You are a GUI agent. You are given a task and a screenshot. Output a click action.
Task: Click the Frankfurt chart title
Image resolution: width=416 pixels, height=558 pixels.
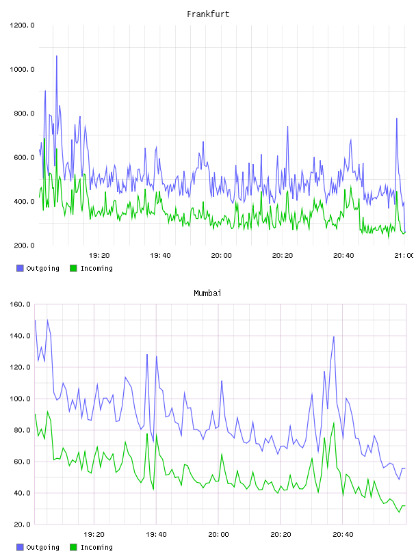208,14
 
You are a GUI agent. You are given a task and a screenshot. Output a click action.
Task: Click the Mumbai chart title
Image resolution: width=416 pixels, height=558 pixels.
207,293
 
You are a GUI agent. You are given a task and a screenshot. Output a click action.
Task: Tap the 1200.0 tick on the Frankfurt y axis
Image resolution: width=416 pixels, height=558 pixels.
22,25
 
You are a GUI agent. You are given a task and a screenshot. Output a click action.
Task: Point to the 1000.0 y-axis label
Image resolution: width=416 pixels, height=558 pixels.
22,69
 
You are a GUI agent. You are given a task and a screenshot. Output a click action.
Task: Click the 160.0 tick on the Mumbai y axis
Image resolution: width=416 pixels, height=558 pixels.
20,304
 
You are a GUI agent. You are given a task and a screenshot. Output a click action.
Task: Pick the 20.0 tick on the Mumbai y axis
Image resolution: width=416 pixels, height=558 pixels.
22,524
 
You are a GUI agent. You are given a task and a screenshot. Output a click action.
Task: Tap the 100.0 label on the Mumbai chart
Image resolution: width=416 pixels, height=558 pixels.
20,399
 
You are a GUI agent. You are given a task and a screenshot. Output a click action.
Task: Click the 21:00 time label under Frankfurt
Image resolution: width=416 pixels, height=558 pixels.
404,256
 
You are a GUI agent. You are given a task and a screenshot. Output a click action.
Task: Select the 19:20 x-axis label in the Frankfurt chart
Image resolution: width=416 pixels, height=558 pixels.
99,256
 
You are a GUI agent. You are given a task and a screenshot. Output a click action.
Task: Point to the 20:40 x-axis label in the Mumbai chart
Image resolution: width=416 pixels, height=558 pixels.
343,535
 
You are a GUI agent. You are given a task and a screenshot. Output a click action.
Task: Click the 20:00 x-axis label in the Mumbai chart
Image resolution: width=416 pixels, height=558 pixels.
219,535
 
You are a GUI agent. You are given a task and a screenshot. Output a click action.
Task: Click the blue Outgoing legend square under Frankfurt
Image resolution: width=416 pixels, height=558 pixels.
20,268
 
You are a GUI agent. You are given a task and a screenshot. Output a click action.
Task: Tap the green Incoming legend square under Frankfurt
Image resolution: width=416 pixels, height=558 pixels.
73,268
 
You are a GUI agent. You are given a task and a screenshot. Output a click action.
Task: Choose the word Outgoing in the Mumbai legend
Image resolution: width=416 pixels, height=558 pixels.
42,547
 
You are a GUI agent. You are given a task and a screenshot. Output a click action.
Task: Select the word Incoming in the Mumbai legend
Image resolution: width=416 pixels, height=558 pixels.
96,547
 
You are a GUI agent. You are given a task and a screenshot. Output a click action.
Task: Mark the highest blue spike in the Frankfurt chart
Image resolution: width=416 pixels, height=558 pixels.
56,56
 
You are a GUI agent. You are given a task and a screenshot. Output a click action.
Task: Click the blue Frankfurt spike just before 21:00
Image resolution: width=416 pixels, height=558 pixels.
397,119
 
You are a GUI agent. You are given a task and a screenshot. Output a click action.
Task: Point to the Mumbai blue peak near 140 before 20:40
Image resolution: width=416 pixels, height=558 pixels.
334,337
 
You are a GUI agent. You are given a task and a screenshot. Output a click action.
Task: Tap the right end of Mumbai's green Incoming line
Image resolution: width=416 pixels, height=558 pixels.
405,506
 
